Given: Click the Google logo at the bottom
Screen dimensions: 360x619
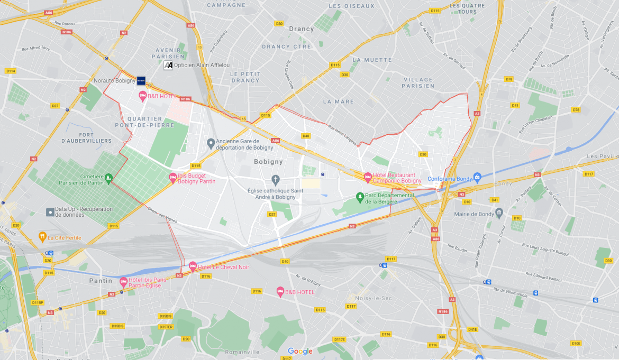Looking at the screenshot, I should pyautogui.click(x=300, y=351).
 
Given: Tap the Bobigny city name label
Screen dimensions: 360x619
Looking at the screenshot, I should pyautogui.click(x=268, y=162).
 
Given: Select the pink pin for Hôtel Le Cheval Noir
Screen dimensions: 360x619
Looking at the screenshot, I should pyautogui.click(x=193, y=265).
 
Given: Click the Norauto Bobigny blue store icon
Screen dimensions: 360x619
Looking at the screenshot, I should pyautogui.click(x=141, y=80).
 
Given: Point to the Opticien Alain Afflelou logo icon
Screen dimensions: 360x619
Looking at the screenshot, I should pyautogui.click(x=168, y=65).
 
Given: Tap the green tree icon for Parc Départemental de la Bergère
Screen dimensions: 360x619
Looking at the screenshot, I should pyautogui.click(x=360, y=197).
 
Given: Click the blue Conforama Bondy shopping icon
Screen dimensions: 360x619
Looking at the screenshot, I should pyautogui.click(x=477, y=177).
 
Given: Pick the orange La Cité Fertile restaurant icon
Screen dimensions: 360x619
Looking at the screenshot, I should pyautogui.click(x=42, y=237).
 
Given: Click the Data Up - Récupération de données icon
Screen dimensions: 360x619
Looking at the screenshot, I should pyautogui.click(x=50, y=211).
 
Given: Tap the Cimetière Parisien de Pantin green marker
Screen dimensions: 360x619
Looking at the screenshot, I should pyautogui.click(x=108, y=178).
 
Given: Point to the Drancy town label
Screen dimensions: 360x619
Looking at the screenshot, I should pyautogui.click(x=302, y=29).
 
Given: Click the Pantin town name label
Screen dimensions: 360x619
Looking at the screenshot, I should pyautogui.click(x=101, y=281).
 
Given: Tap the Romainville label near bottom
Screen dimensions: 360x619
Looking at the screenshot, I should pyautogui.click(x=242, y=352).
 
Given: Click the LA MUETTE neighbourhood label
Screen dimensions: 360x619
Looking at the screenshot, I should pyautogui.click(x=372, y=60).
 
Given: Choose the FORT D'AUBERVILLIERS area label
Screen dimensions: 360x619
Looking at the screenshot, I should pyautogui.click(x=86, y=137).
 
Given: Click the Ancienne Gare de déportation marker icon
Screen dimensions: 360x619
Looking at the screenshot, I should pyautogui.click(x=211, y=143).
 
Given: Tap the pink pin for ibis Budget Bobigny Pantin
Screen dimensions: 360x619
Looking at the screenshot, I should pyautogui.click(x=172, y=178).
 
